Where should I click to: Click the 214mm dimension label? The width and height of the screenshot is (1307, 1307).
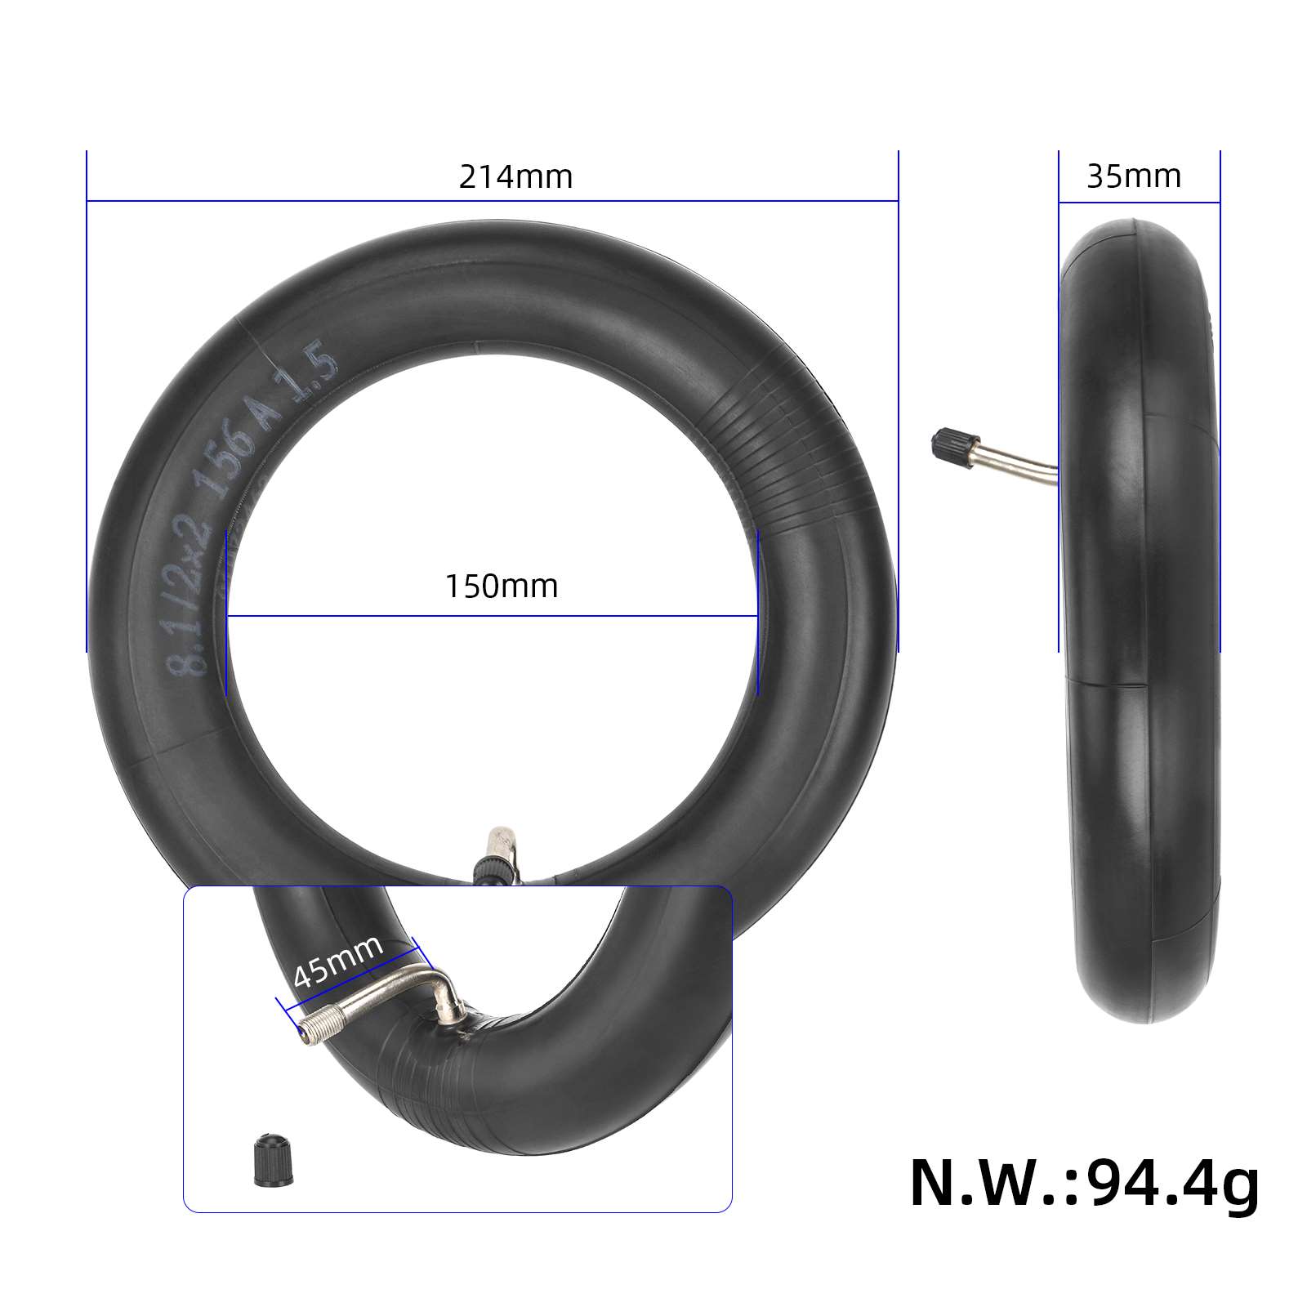pyautogui.click(x=515, y=177)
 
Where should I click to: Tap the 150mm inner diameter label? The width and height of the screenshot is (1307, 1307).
pyautogui.click(x=501, y=587)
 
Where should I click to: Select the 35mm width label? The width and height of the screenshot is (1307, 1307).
pyautogui.click(x=1134, y=176)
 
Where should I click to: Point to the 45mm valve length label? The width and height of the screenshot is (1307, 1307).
pyautogui.click(x=337, y=961)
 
